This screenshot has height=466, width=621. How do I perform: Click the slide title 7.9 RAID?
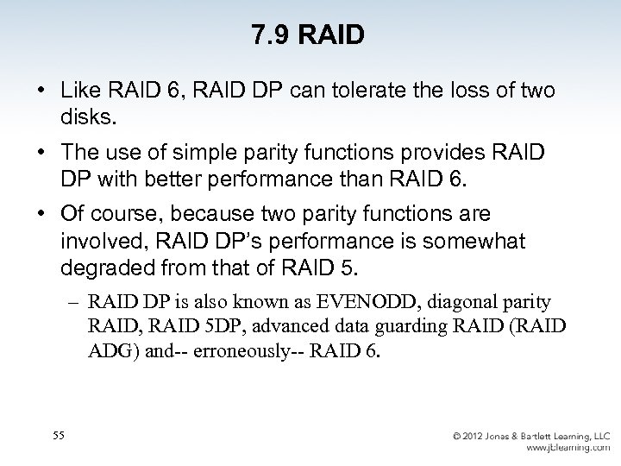click(x=308, y=35)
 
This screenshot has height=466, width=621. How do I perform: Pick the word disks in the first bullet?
click(x=87, y=115)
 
